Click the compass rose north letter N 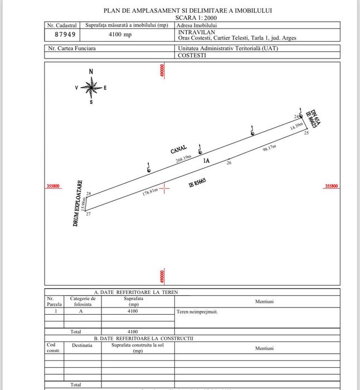click(91, 72)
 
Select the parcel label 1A click(206, 161)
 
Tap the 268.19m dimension click(184, 159)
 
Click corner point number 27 click(88, 214)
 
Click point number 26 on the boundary click(228, 163)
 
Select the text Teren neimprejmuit click(197, 312)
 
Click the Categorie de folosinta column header click(82, 302)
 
